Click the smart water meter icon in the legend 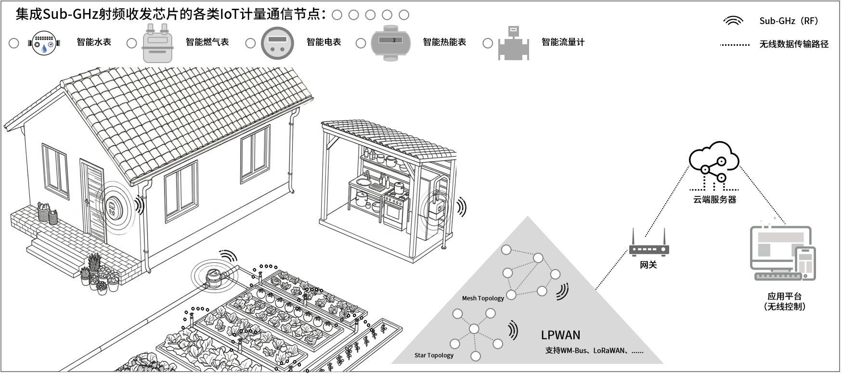point(44,43)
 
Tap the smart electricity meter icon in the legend point(277,43)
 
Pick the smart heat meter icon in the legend point(393,43)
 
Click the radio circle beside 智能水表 point(14,43)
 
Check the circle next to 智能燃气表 point(131,43)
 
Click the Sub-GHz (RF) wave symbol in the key point(733,21)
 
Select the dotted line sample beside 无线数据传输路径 point(735,45)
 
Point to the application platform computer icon point(782,253)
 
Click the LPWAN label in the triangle point(560,335)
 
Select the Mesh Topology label point(482,298)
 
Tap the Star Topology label point(434,355)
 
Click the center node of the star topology point(474,329)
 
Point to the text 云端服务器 point(714,199)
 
